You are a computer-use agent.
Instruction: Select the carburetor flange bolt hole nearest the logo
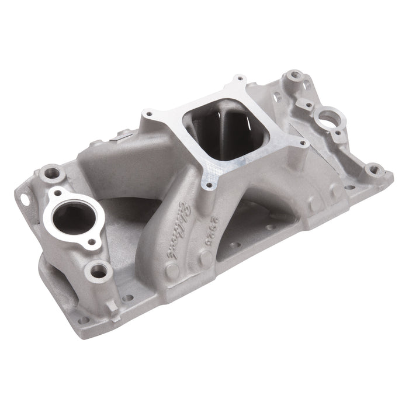205,186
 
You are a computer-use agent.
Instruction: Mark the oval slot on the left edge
26,199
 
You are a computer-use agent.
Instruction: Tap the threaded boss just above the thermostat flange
54,173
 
